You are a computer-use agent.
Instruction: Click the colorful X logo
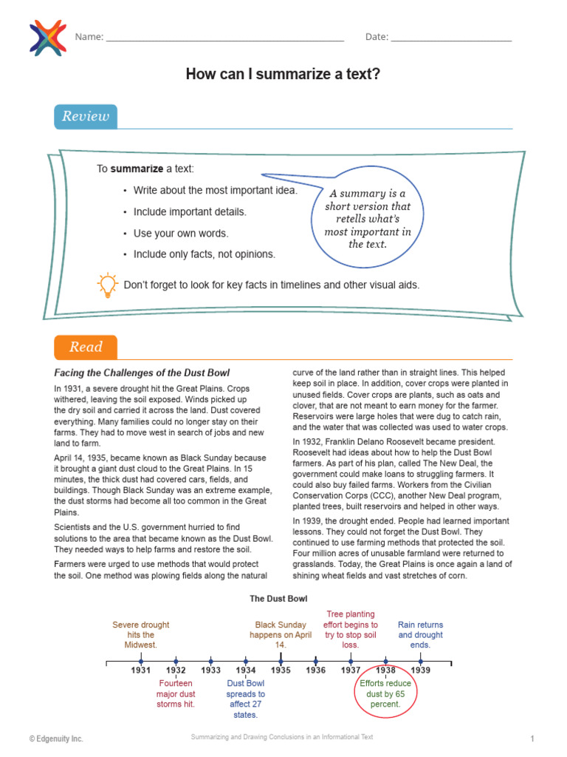pyautogui.click(x=47, y=37)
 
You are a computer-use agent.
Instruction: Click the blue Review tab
pyautogui.click(x=86, y=117)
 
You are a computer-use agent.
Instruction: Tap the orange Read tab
pyautogui.click(x=86, y=347)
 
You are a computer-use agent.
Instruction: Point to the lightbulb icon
pyautogui.click(x=108, y=285)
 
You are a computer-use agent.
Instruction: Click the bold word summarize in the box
pyautogui.click(x=137, y=169)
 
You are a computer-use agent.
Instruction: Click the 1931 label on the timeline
pyautogui.click(x=140, y=670)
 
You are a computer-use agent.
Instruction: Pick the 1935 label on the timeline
pyautogui.click(x=281, y=670)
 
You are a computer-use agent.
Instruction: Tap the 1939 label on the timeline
pyautogui.click(x=420, y=670)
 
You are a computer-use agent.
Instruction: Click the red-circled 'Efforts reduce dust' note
pyautogui.click(x=385, y=693)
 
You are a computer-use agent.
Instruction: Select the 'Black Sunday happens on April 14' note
pyautogui.click(x=281, y=634)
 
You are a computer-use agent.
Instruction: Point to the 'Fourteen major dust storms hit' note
pyautogui.click(x=176, y=693)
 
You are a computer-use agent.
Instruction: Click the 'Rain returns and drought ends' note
pyautogui.click(x=420, y=634)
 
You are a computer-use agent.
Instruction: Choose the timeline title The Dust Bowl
pyautogui.click(x=278, y=598)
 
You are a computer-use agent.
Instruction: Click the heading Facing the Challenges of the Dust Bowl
pyautogui.click(x=142, y=373)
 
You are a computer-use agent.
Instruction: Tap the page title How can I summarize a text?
pyautogui.click(x=283, y=74)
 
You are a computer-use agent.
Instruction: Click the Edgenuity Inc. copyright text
pyautogui.click(x=56, y=739)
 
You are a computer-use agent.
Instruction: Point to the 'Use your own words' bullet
pyautogui.click(x=181, y=233)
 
